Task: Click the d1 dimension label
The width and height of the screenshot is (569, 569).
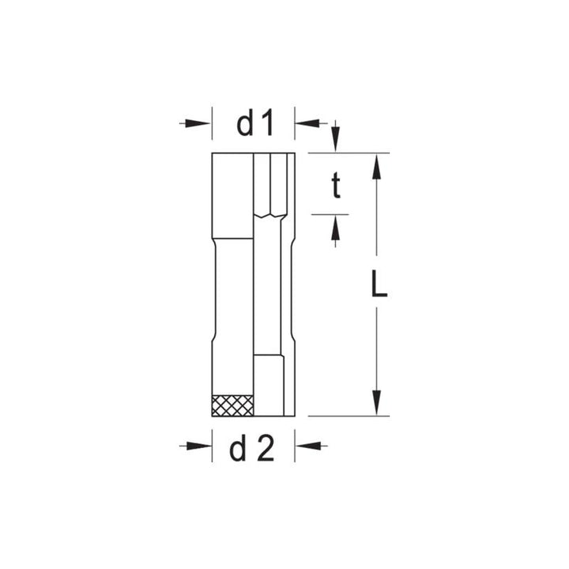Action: pos(254,123)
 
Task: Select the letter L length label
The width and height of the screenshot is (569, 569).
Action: pos(379,284)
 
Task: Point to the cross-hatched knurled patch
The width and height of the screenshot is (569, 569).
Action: pos(233,404)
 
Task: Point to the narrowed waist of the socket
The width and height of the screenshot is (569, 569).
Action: pos(233,292)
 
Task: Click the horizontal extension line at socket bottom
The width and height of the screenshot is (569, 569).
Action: pos(348,416)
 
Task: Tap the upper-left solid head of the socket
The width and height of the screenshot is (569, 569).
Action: pos(232,194)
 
